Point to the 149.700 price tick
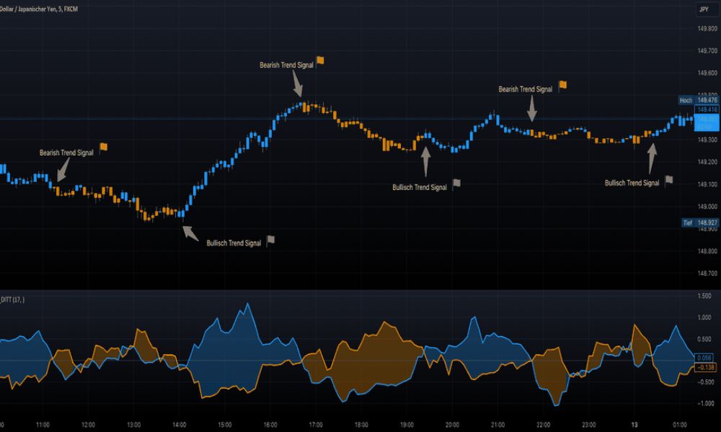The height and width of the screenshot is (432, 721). click(x=707, y=51)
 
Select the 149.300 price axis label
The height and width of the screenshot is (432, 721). click(x=707, y=140)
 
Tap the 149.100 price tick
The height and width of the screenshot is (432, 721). click(x=707, y=184)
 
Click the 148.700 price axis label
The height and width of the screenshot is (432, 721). click(x=707, y=273)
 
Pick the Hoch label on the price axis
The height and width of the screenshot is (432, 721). click(x=686, y=100)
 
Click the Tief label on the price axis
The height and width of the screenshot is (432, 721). click(x=687, y=223)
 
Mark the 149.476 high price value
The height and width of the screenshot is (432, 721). click(x=707, y=100)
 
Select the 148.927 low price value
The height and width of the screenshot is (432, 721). click(x=707, y=223)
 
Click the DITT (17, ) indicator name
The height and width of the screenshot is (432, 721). click(x=13, y=300)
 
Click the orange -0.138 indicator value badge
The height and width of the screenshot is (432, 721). click(x=704, y=367)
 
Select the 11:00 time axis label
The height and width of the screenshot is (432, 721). click(x=43, y=425)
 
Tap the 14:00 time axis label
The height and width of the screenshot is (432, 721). click(x=180, y=425)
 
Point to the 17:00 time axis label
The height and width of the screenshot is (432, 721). click(x=316, y=425)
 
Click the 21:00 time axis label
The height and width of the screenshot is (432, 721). click(x=497, y=425)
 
